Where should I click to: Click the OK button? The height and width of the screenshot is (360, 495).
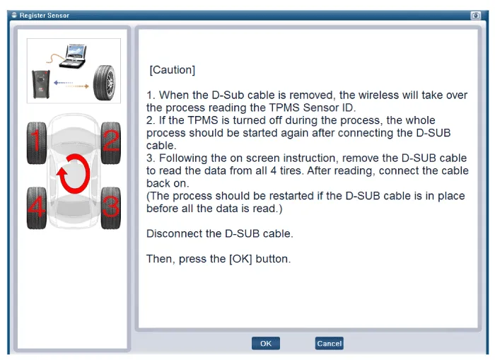click(265, 343)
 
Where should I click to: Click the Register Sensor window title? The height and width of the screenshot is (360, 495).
click(44, 15)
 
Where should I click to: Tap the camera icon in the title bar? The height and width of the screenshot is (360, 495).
click(475, 15)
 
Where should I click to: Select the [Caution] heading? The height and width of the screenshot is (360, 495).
click(173, 70)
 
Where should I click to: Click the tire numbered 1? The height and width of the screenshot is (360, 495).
click(37, 143)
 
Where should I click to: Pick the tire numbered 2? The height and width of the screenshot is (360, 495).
click(111, 143)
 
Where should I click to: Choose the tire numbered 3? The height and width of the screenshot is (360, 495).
click(111, 208)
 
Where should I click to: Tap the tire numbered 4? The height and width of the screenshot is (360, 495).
click(37, 208)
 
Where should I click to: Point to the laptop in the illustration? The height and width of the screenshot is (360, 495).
click(73, 56)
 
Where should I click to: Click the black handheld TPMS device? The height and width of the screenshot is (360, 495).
click(41, 84)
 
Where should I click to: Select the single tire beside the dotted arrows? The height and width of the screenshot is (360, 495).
click(105, 83)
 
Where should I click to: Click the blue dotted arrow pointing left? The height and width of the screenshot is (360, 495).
click(63, 83)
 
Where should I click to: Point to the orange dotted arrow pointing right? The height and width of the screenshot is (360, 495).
click(77, 86)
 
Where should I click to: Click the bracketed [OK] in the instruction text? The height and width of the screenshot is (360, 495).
click(240, 259)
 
